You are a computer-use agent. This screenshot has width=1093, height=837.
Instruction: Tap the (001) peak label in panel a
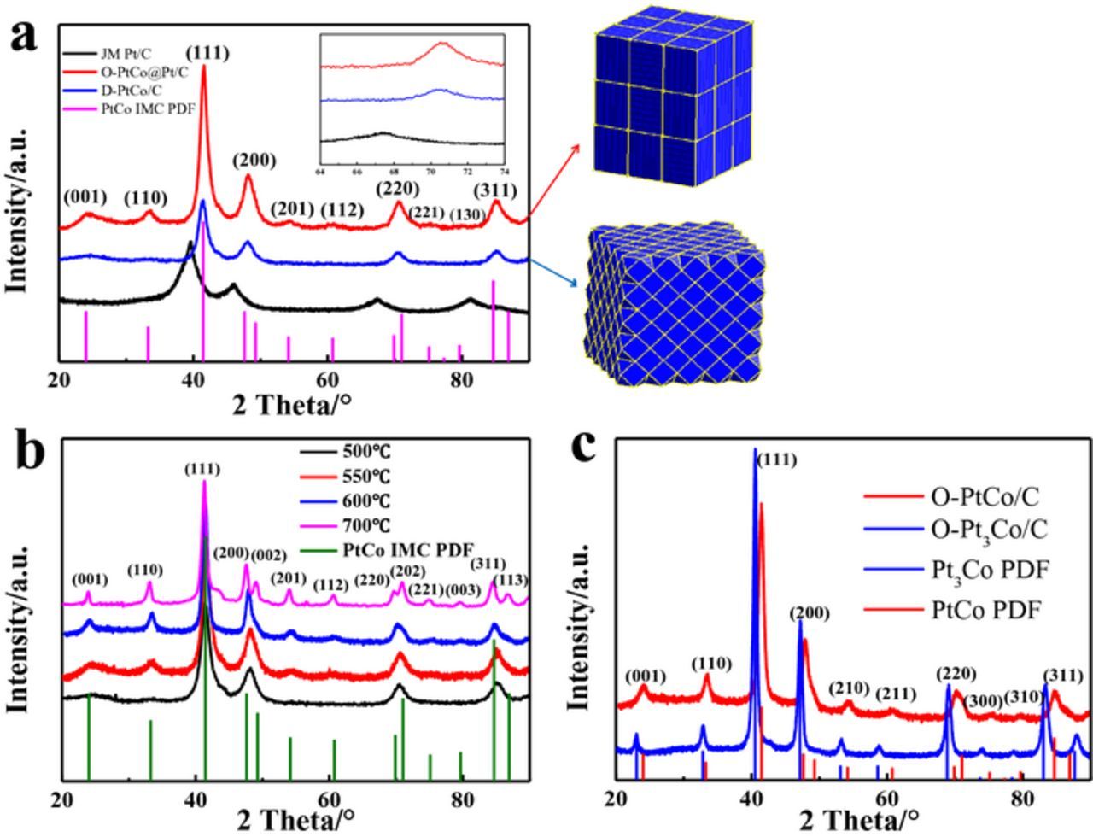pos(85,197)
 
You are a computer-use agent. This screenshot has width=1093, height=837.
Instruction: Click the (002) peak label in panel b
pos(269,556)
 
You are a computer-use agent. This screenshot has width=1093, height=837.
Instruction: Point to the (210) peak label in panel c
pos(849,688)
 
